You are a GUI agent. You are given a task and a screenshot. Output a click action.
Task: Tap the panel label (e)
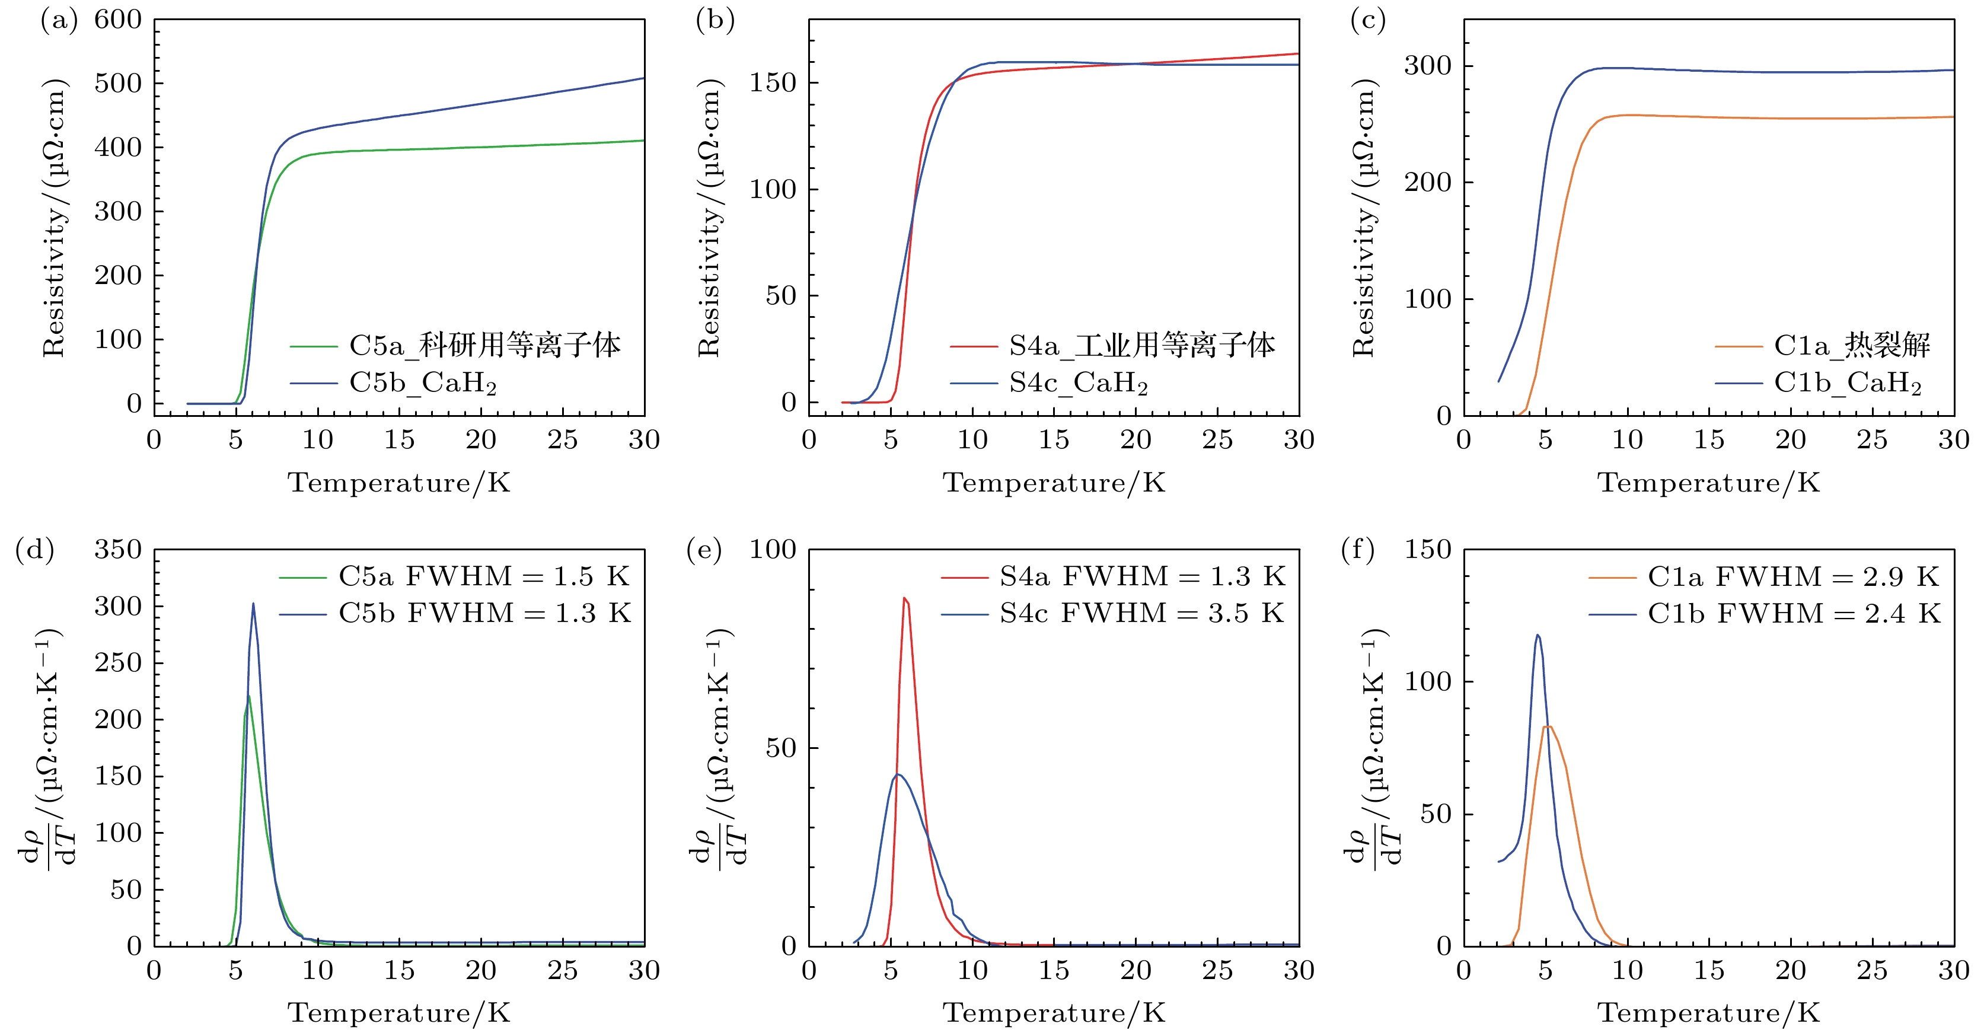click(703, 551)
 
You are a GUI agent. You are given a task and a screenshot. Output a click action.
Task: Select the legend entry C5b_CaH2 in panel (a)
click(423, 383)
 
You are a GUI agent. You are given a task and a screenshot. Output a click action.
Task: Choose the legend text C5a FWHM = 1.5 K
click(484, 576)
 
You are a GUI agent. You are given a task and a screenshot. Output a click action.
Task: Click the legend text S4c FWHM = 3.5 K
click(1141, 613)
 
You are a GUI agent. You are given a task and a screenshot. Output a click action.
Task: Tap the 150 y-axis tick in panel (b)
click(773, 82)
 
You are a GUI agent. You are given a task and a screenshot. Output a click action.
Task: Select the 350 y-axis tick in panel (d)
click(118, 550)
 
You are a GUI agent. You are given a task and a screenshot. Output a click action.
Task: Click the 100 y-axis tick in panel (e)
click(773, 550)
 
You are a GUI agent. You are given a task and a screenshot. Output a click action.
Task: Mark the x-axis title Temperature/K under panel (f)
click(1708, 1012)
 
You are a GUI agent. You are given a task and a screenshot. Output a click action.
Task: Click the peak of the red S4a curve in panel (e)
click(904, 598)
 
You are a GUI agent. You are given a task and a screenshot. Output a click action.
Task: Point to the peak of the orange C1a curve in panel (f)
click(1546, 726)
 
